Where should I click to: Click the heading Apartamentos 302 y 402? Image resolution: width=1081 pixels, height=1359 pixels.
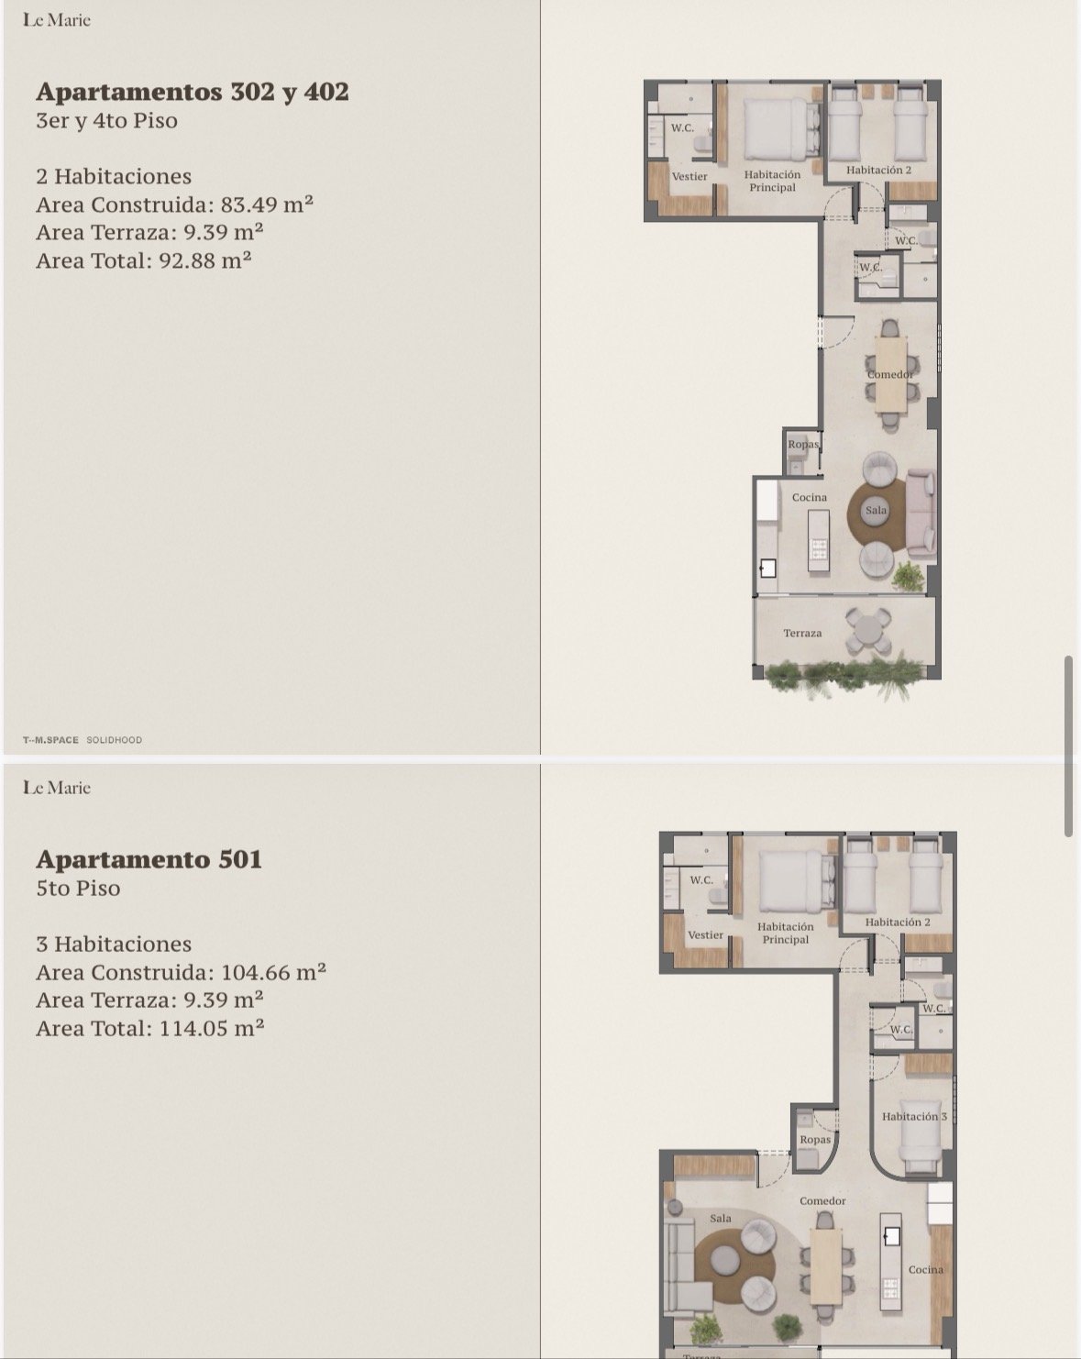click(193, 92)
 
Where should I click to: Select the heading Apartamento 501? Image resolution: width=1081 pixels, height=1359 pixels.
click(149, 859)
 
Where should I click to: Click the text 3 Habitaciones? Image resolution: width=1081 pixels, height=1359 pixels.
click(114, 944)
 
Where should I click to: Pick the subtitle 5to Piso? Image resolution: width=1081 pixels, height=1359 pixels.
click(78, 888)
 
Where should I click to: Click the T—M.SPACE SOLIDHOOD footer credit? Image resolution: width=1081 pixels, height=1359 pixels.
click(83, 740)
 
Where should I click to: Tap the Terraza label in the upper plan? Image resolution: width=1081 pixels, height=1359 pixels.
click(802, 633)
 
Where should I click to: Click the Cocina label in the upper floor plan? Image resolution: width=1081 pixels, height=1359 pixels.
click(810, 497)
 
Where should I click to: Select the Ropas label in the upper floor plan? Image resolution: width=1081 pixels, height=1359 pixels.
click(803, 445)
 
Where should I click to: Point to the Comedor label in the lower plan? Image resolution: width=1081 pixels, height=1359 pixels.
click(822, 1200)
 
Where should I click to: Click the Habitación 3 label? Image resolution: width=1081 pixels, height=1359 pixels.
click(913, 1116)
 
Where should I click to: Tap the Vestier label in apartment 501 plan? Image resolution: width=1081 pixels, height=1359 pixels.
click(705, 934)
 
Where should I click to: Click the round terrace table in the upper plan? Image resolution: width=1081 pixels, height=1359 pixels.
click(867, 631)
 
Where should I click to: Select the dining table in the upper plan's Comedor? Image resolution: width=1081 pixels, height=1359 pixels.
click(890, 374)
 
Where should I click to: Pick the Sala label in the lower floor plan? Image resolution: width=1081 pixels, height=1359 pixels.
click(721, 1218)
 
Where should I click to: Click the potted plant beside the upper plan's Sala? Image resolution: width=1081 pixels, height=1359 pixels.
click(909, 577)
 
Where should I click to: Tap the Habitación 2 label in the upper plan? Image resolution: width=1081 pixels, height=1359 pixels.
click(878, 170)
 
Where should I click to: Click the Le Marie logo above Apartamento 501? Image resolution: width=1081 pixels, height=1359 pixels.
click(57, 787)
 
